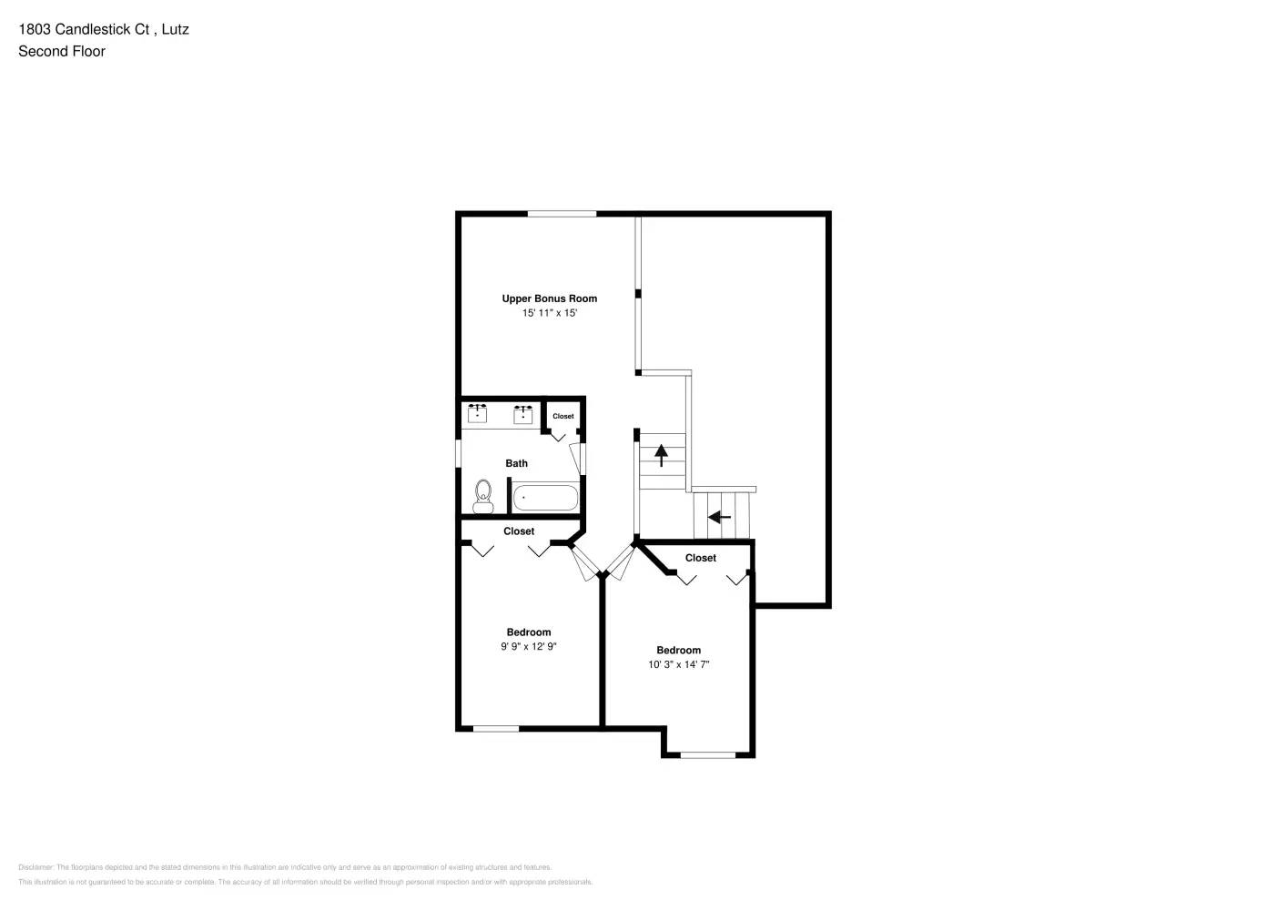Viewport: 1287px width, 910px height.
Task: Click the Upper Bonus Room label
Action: pyautogui.click(x=550, y=298)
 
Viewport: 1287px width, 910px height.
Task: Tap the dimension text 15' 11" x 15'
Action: pyautogui.click(x=550, y=313)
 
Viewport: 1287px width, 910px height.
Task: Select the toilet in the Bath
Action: pyautogui.click(x=482, y=496)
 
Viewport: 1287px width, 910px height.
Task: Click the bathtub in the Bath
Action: pyautogui.click(x=544, y=498)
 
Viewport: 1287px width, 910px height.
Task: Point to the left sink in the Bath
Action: pyautogui.click(x=477, y=415)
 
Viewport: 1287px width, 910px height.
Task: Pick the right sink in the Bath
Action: pyautogui.click(x=523, y=415)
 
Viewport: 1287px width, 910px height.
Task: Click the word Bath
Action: pyautogui.click(x=516, y=463)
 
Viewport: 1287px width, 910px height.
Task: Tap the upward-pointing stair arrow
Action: pyautogui.click(x=661, y=452)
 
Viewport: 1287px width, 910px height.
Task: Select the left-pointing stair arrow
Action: pyautogui.click(x=719, y=518)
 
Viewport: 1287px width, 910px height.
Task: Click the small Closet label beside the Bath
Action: pyautogui.click(x=563, y=417)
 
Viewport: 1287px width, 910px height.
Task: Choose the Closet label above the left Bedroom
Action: pyautogui.click(x=519, y=531)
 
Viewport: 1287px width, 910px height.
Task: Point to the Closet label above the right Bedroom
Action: pyautogui.click(x=701, y=558)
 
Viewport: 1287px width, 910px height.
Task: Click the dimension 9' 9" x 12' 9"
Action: pyautogui.click(x=529, y=647)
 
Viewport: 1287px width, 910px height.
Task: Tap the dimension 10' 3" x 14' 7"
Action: pyautogui.click(x=679, y=665)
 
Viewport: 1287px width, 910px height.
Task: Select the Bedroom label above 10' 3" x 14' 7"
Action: pyautogui.click(x=679, y=651)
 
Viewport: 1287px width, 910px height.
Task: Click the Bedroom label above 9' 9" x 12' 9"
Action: pyautogui.click(x=529, y=632)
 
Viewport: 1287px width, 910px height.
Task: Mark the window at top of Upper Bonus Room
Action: pyautogui.click(x=562, y=214)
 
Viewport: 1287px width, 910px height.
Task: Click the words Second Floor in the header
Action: pyautogui.click(x=62, y=52)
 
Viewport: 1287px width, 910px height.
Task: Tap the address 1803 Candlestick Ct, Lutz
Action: pyautogui.click(x=104, y=29)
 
